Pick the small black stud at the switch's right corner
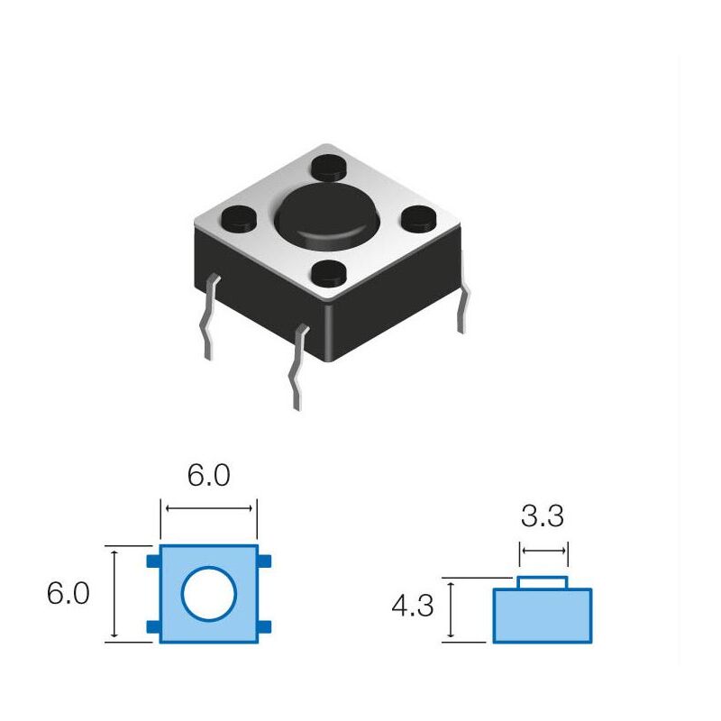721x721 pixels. pyautogui.click(x=417, y=217)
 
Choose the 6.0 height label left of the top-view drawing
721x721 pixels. pyautogui.click(x=68, y=594)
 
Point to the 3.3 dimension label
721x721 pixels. pyautogui.click(x=543, y=516)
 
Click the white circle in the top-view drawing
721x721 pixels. pyautogui.click(x=209, y=595)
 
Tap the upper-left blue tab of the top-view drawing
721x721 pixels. pyautogui.click(x=153, y=561)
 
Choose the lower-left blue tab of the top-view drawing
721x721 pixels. pyautogui.click(x=153, y=627)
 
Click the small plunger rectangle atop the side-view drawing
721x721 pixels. pyautogui.click(x=543, y=582)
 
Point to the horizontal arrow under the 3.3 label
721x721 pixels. pyautogui.click(x=543, y=551)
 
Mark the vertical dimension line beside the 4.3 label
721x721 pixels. pyautogui.click(x=450, y=610)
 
